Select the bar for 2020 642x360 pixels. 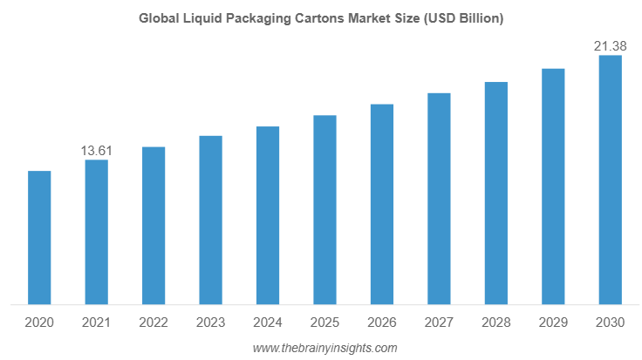(x=39, y=238)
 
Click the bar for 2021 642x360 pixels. (x=97, y=232)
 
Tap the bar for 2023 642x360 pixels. (x=210, y=220)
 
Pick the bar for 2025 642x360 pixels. (x=324, y=210)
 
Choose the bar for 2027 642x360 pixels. (x=439, y=199)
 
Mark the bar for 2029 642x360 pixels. (x=553, y=187)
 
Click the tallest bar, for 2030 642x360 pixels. (x=610, y=180)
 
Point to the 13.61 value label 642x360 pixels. (x=97, y=151)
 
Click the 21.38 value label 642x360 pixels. (x=610, y=46)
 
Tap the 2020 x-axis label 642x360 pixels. (x=39, y=323)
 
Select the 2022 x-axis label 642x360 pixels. (x=154, y=323)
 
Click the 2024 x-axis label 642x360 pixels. (x=268, y=323)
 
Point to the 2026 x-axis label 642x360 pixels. (x=382, y=323)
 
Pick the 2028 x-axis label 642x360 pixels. (x=496, y=323)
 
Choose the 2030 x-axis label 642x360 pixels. (x=610, y=323)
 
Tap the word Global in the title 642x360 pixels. (x=157, y=17)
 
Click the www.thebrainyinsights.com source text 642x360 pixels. (x=324, y=348)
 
